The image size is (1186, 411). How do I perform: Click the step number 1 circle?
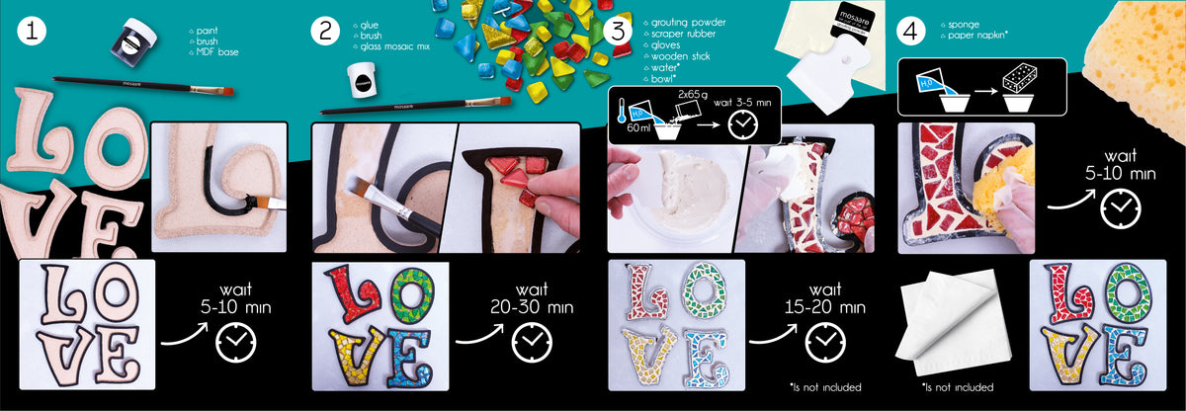(x=32, y=31)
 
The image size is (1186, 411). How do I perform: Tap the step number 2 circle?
(x=325, y=31)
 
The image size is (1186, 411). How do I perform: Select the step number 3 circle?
(x=618, y=31)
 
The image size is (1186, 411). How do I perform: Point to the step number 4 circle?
(x=910, y=31)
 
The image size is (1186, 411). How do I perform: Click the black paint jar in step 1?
(x=134, y=41)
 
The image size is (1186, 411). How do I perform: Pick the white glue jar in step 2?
(x=362, y=80)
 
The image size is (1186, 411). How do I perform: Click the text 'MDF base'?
(x=217, y=51)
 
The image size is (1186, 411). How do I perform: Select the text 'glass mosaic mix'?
(x=394, y=46)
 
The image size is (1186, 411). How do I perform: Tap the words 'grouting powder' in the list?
(x=688, y=22)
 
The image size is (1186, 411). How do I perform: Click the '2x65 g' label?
(x=693, y=95)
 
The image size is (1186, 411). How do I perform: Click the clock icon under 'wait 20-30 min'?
(x=532, y=342)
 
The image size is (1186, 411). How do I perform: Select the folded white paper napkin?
(x=953, y=323)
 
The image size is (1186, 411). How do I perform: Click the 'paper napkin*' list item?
(x=977, y=36)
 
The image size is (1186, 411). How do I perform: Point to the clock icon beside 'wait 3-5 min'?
(x=743, y=124)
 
